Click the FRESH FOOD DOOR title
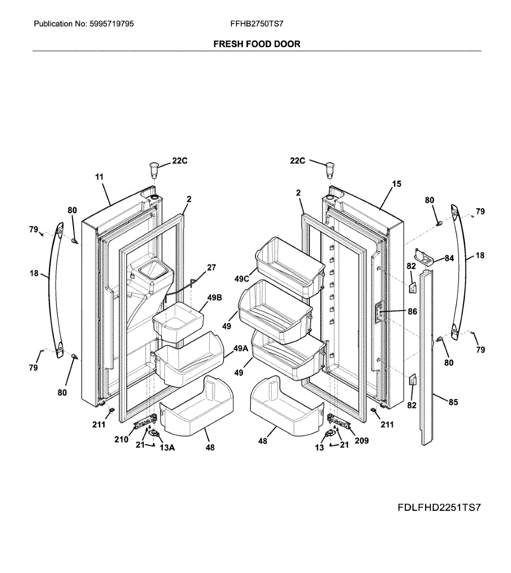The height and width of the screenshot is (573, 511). click(256, 44)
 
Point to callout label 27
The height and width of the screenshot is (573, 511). click(211, 267)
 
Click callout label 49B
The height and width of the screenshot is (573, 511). click(214, 297)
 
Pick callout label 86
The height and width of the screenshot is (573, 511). click(412, 312)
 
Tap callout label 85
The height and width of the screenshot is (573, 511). click(453, 402)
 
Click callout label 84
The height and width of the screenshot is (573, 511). click(449, 258)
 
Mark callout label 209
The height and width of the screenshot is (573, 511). click(362, 440)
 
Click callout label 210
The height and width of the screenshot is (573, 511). click(121, 439)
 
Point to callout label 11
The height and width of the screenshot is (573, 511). click(99, 177)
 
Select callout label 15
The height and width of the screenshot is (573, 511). click(396, 183)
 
